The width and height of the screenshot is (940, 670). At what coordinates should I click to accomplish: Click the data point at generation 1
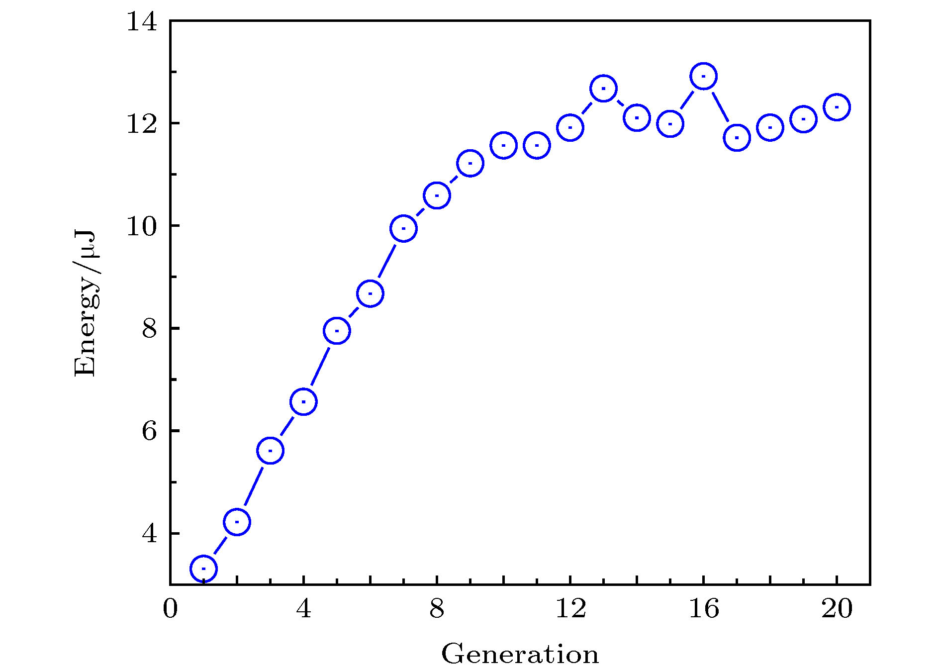pos(203,568)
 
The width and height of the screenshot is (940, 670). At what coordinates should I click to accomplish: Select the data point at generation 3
pos(270,451)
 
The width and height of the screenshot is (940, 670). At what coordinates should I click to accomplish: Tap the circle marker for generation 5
pos(337,331)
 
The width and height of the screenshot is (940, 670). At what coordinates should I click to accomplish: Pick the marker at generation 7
pos(403,229)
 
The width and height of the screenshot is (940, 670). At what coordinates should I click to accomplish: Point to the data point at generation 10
pos(503,145)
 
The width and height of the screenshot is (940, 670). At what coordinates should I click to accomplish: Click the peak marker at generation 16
pos(703,76)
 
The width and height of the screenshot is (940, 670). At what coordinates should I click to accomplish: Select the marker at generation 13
pos(603,89)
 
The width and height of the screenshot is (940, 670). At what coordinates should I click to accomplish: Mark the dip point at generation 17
pos(737,138)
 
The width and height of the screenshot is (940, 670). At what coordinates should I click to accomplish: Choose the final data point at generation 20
pos(837,107)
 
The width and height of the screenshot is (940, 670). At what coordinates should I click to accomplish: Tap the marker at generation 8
pos(437,195)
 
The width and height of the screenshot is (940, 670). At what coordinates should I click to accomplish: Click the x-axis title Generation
pos(520,654)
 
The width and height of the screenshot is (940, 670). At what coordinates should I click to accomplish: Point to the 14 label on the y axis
pos(142,22)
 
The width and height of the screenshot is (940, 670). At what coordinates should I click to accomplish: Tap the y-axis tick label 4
pos(149,534)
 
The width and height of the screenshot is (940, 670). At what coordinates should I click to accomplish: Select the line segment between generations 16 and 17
pos(720,107)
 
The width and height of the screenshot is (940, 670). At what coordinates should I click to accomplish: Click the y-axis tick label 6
pos(149,431)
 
